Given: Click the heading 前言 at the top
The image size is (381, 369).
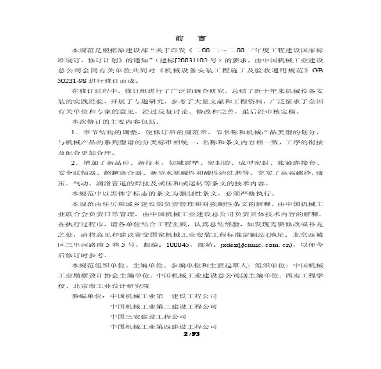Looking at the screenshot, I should click(x=190, y=38).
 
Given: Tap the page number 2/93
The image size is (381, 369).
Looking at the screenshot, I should click(x=191, y=334).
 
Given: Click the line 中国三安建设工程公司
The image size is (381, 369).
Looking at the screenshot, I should click(x=148, y=316).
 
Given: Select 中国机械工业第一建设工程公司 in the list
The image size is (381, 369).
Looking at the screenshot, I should click(x=163, y=296).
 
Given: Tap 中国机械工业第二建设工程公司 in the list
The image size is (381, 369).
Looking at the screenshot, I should click(x=163, y=306).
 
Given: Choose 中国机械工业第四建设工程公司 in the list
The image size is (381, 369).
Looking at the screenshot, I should click(x=163, y=327).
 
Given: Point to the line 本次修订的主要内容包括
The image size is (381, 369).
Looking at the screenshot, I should click(x=116, y=121).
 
